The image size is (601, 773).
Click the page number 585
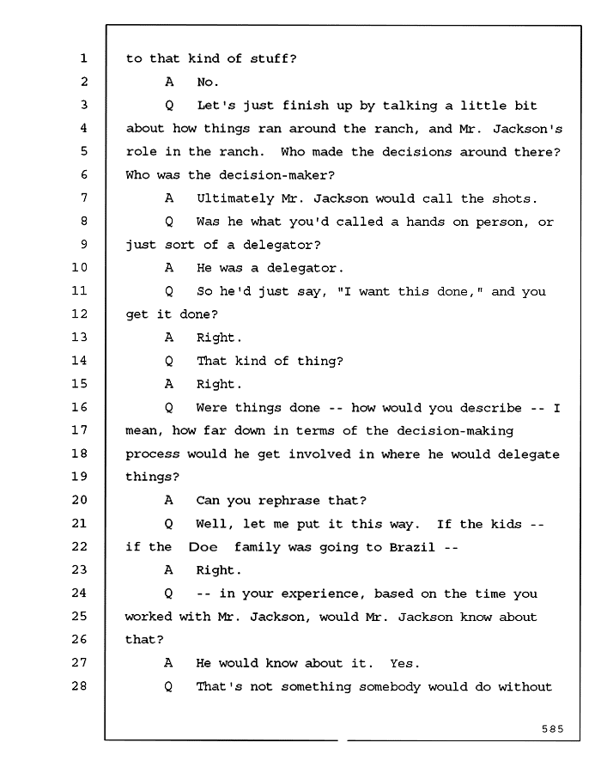click(552, 728)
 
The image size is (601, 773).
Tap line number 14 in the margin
click(79, 361)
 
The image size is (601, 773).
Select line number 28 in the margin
click(79, 685)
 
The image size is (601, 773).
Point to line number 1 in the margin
click(84, 58)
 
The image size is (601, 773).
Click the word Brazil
click(412, 547)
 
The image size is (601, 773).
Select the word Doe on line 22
click(203, 547)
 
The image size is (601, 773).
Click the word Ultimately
click(235, 198)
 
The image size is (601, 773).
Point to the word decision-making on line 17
click(455, 431)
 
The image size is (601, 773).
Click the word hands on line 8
click(425, 222)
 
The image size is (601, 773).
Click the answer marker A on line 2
click(169, 82)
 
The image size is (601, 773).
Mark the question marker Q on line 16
click(169, 408)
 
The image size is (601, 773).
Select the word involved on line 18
click(319, 454)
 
